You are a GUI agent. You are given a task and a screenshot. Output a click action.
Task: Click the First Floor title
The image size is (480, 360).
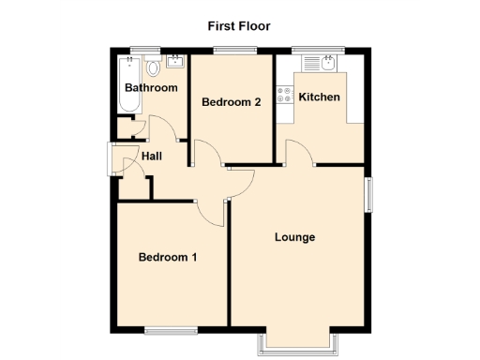point(239,26)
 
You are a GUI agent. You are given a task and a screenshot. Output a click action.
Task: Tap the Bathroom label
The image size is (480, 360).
point(151,88)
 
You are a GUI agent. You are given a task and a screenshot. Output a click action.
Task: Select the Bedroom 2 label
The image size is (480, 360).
point(232,102)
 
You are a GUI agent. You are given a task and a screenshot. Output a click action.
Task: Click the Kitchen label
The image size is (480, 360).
point(319,97)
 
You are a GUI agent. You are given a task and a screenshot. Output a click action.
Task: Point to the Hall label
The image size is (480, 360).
point(153,156)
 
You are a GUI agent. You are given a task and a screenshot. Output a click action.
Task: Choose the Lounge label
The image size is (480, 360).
point(294,237)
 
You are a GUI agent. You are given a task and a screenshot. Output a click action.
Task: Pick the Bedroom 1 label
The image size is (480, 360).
point(167,257)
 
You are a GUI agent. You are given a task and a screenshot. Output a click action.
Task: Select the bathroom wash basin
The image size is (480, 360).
point(175,63)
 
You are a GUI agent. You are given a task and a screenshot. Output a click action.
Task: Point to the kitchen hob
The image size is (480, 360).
point(283,95)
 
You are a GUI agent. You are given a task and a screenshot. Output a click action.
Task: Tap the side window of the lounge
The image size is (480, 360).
point(368,194)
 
